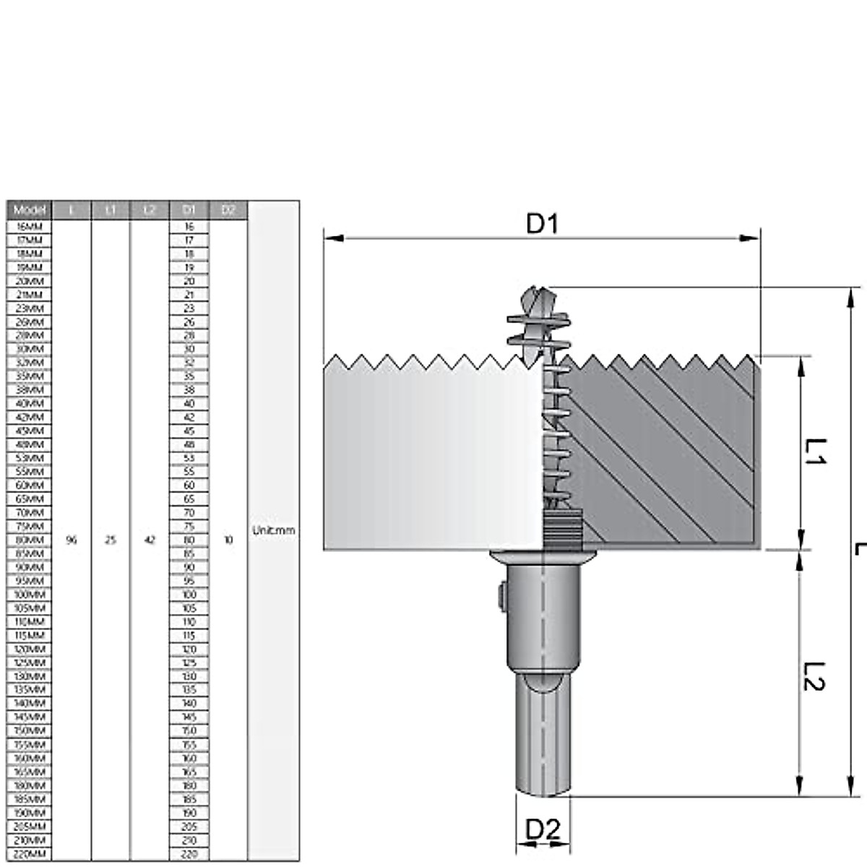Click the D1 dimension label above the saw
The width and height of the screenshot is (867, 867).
(542, 224)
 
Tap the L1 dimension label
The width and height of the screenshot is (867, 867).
(815, 452)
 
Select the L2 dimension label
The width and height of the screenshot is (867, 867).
(815, 676)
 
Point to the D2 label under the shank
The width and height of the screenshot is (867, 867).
(543, 830)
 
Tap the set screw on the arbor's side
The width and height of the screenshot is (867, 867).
(501, 596)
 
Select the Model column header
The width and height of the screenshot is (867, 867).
(30, 210)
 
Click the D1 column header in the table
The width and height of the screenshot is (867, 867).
(189, 210)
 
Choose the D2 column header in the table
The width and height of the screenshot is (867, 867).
(228, 210)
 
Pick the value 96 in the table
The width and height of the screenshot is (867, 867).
(71, 540)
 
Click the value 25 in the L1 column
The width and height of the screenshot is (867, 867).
(111, 540)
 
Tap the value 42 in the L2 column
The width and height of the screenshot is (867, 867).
(150, 540)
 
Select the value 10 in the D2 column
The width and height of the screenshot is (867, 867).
(228, 540)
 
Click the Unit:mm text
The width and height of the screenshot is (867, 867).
(273, 530)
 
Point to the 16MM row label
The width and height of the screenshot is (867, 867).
(30, 226)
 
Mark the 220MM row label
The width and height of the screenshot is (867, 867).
(30, 854)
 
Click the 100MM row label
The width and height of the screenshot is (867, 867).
(30, 595)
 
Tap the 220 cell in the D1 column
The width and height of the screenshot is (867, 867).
(189, 854)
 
